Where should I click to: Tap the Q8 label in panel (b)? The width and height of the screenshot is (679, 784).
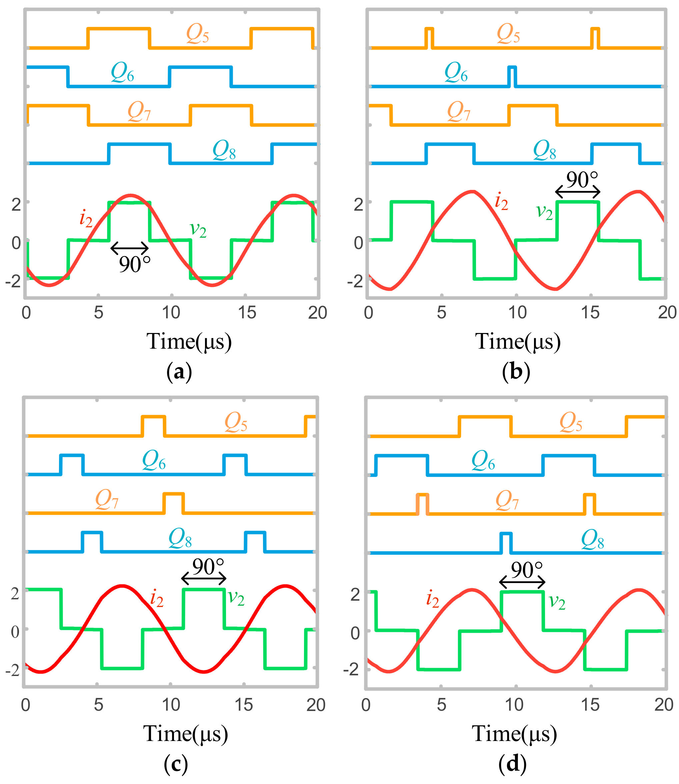(544, 151)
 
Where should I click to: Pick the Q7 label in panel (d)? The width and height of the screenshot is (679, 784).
(507, 501)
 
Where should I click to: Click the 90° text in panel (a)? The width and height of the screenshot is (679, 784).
(135, 264)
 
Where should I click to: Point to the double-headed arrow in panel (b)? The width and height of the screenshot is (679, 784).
(577, 192)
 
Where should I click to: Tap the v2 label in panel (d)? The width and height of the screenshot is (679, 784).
(557, 601)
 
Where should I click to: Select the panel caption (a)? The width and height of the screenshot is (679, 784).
(179, 372)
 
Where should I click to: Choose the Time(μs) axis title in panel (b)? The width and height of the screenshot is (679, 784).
(518, 341)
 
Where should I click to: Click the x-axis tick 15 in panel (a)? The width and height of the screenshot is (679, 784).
(247, 313)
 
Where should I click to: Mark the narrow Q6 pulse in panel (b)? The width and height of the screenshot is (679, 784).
(512, 76)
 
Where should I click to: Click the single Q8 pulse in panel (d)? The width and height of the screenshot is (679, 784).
(506, 543)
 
